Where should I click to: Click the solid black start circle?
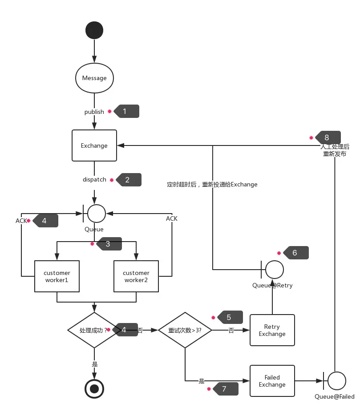94,30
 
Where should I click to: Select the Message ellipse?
94,78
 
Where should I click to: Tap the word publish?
94,112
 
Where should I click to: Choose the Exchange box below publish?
94,145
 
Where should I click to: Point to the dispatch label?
94,180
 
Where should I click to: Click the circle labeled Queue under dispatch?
97,214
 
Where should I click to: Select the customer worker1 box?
57,276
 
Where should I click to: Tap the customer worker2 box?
136,276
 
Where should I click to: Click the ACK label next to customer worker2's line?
172,218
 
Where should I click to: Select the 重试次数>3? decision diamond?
185,330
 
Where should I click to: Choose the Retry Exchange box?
272,330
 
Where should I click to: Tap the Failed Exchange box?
272,381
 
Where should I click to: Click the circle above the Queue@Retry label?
275,270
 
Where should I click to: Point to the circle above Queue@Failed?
337,381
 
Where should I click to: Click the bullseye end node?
94,389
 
